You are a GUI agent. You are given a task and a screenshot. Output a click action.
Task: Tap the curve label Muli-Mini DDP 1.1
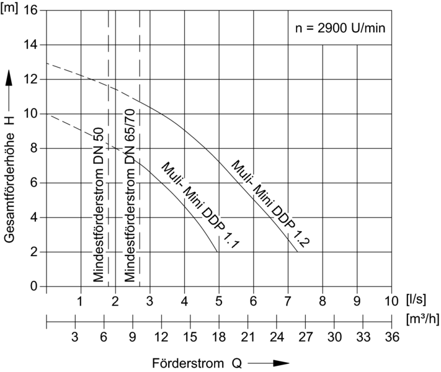(200, 205)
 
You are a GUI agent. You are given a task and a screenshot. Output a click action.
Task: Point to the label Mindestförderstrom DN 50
(98, 205)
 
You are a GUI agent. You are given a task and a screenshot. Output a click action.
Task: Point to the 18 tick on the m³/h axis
(218, 337)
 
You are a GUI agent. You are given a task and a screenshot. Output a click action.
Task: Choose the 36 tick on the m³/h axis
(391, 337)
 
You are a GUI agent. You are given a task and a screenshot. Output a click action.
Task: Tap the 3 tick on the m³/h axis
(74, 337)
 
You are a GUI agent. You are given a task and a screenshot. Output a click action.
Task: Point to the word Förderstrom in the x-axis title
(180, 362)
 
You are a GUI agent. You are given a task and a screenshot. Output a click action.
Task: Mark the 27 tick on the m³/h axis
(305, 337)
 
